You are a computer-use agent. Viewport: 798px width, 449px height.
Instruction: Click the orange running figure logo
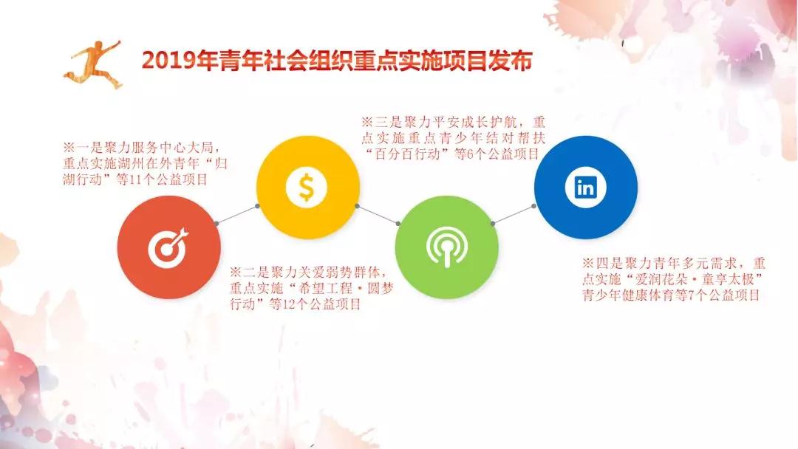coord(93,64)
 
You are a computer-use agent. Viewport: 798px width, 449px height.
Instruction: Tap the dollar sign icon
coord(307,187)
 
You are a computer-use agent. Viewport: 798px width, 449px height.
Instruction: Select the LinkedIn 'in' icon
coord(585,187)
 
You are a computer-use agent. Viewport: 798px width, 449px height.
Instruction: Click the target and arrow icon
coord(168,247)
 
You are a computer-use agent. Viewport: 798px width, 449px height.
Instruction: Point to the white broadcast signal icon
coord(446,247)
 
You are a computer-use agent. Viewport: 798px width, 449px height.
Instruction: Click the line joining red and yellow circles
coord(237,215)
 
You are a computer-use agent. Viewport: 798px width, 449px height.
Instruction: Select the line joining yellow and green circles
coord(378,215)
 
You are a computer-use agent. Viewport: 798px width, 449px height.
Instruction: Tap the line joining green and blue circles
coord(513,215)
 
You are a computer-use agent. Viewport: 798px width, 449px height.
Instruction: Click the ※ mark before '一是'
coord(69,148)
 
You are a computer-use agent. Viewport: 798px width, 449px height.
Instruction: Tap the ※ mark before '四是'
coord(588,264)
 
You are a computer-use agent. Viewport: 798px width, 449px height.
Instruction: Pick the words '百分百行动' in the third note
coord(407,154)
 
